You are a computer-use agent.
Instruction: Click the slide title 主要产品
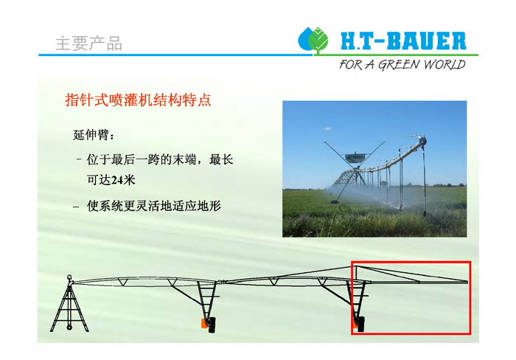(x=89, y=44)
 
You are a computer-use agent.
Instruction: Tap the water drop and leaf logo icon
(x=313, y=40)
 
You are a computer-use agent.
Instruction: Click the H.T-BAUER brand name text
(x=403, y=41)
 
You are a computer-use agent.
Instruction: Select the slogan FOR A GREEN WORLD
(x=402, y=64)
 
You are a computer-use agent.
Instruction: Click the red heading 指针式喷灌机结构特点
(x=139, y=100)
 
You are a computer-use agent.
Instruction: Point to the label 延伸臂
(x=91, y=135)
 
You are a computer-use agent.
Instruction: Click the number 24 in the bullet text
(x=116, y=180)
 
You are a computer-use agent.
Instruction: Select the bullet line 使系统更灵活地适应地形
(x=153, y=206)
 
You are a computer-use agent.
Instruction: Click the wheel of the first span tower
(x=212, y=325)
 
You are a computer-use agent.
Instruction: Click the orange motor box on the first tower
(x=205, y=323)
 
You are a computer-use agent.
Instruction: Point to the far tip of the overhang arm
(x=467, y=282)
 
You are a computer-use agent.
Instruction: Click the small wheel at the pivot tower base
(x=69, y=327)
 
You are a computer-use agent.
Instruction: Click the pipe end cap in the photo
(x=422, y=142)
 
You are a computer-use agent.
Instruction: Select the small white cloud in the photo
(x=327, y=128)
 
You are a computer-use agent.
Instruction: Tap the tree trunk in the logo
(x=318, y=52)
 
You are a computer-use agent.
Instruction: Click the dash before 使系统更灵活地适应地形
(x=77, y=207)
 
